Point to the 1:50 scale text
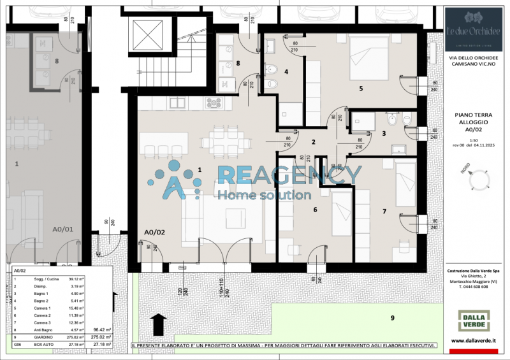474,140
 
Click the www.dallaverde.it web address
474,341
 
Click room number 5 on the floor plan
361,89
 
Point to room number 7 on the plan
384,211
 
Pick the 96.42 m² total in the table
102,330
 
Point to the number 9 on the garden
393,317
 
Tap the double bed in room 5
369,58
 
